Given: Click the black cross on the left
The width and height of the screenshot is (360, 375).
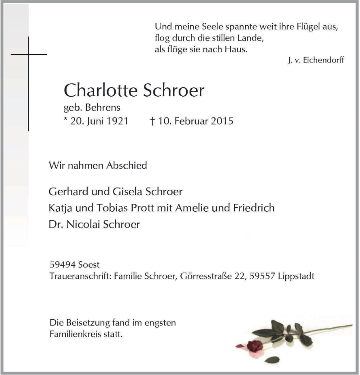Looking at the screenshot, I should click(29, 84).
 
